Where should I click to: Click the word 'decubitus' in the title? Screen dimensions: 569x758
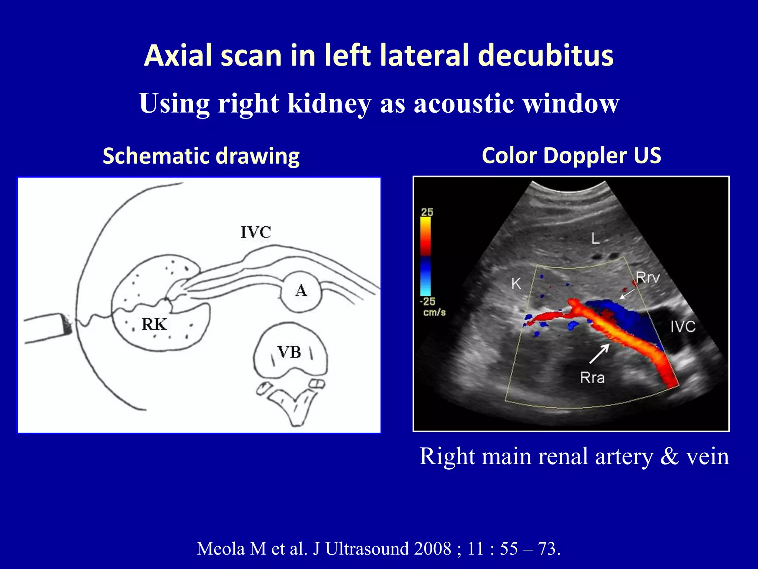pos(546,56)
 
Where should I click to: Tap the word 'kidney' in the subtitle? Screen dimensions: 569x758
pos(329,104)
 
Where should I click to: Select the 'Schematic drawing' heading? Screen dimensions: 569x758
pos(201,156)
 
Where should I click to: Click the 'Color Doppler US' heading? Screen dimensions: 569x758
pos(571,155)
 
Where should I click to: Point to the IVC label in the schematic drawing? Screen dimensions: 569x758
pos(256,232)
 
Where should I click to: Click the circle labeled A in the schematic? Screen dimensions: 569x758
pos(301,291)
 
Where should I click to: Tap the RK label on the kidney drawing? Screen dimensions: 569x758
pos(154,324)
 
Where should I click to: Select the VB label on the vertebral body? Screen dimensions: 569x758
pos(289,352)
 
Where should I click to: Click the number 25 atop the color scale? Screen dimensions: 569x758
pos(427,212)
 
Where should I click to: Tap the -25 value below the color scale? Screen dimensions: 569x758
pos(427,302)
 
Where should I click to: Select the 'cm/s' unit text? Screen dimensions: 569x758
pos(434,312)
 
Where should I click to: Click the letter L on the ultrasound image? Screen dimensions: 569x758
pos(595,238)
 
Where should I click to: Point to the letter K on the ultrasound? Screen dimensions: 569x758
pos(516,284)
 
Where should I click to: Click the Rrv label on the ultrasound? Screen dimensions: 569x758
pos(648,277)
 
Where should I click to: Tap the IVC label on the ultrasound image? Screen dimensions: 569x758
pos(683,327)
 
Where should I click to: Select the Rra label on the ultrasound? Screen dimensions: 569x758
pos(592,377)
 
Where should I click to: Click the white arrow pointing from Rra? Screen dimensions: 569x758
pos(599,354)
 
